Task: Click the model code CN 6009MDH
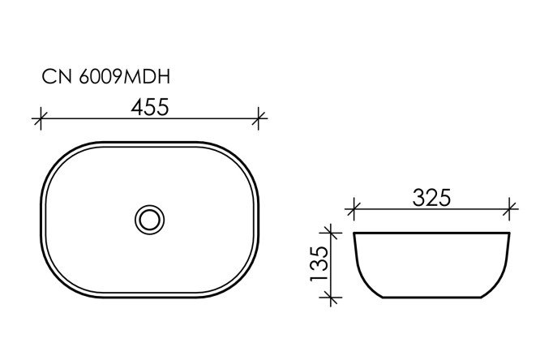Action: coord(105,77)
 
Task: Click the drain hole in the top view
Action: coord(148,217)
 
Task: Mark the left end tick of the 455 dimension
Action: coord(39,119)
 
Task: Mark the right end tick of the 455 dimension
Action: coord(259,119)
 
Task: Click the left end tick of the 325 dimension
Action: coord(352,210)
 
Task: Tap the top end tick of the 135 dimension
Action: coord(329,234)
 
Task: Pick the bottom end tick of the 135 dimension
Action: coord(329,299)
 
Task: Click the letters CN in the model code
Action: coord(54,77)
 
